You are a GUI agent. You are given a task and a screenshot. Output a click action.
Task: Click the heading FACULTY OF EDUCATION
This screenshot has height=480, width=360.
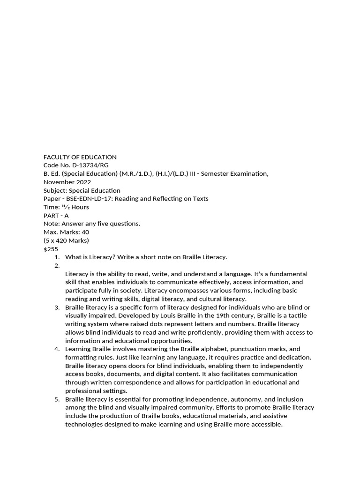[80, 157]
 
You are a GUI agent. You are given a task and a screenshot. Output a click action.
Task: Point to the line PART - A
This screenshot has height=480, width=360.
[56, 215]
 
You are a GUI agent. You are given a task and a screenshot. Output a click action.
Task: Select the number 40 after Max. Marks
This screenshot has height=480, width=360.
[85, 232]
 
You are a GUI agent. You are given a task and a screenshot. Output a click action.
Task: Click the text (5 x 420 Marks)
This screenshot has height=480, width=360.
[66, 240]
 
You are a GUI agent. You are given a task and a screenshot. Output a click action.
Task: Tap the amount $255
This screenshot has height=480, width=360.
[51, 249]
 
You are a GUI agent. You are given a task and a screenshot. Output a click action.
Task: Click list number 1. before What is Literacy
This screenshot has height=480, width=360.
[57, 257]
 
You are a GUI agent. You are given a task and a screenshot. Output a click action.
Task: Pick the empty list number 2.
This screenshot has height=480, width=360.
[57, 265]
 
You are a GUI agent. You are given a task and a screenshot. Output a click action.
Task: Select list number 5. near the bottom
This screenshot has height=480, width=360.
[57, 399]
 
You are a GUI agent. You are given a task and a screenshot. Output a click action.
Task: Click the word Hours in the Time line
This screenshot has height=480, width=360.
[80, 207]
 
